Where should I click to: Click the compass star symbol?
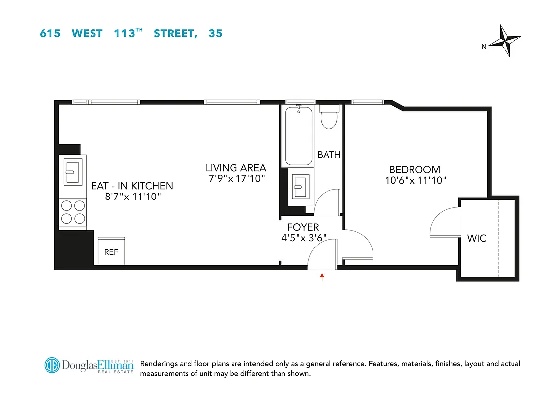pyautogui.click(x=504, y=40)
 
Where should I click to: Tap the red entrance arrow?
pyautogui.click(x=322, y=277)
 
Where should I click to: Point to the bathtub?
pyautogui.click(x=298, y=135)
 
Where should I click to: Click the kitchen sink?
pyautogui.click(x=72, y=170)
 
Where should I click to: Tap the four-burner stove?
pyautogui.click(x=72, y=211)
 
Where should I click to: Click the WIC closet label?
pyautogui.click(x=477, y=238)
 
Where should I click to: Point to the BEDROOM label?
pyautogui.click(x=415, y=170)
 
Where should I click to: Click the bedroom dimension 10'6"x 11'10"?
pyautogui.click(x=416, y=181)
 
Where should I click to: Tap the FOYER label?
pyautogui.click(x=303, y=227)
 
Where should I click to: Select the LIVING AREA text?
pyautogui.click(x=236, y=168)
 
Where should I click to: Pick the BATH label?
pyautogui.click(x=329, y=155)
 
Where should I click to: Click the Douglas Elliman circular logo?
pyautogui.click(x=52, y=366)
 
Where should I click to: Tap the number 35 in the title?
pyautogui.click(x=215, y=34)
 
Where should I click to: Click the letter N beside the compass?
pyautogui.click(x=484, y=47)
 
